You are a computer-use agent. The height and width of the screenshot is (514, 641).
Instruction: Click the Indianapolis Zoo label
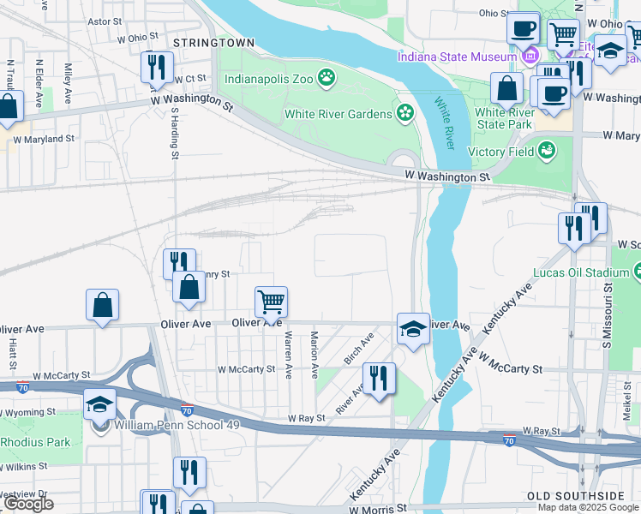268,79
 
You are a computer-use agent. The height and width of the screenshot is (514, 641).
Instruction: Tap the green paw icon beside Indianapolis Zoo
326,79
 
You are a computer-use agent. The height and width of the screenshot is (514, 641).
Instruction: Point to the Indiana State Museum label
455,57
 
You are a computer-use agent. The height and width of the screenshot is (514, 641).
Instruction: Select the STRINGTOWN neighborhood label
213,42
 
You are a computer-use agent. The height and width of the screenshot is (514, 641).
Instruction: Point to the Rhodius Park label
35,442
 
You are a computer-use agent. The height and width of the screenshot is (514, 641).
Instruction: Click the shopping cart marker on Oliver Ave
271,301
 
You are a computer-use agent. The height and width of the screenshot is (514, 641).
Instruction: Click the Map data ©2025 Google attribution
589,507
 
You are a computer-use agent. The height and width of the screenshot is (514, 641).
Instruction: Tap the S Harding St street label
174,133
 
